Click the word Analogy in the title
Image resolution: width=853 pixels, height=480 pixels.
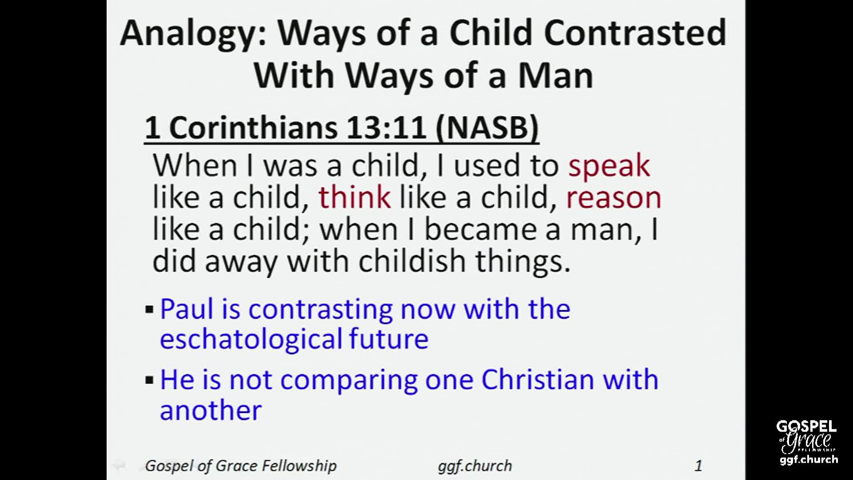[193, 35]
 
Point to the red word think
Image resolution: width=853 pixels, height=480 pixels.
[354, 197]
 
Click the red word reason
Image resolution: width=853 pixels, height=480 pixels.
[614, 198]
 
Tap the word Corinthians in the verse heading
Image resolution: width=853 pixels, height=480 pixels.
[253, 128]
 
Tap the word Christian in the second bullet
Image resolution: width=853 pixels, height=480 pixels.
[537, 380]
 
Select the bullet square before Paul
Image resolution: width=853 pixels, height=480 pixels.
[149, 309]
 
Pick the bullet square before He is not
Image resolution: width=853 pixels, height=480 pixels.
[149, 380]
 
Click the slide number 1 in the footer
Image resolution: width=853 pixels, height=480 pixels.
[698, 465]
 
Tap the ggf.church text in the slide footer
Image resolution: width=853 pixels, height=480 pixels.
[475, 466]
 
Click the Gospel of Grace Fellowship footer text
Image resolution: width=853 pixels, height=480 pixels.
[241, 466]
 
